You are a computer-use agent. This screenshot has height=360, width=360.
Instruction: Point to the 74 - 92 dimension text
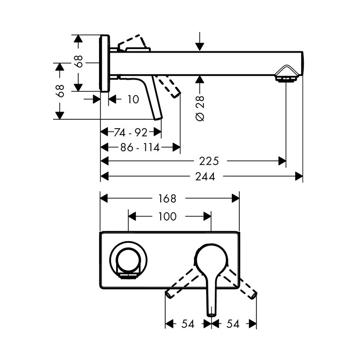pyautogui.click(x=130, y=132)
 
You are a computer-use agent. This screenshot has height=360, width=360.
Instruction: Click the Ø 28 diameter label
pyautogui.click(x=200, y=108)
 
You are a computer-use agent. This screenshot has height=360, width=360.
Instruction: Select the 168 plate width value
pyautogui.click(x=166, y=198)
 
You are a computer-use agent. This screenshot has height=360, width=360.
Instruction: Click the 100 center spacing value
pyautogui.click(x=167, y=216)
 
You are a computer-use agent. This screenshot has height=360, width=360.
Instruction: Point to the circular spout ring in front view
pyautogui.click(x=129, y=261)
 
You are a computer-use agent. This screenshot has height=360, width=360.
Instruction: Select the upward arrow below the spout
pyautogui.click(x=200, y=80)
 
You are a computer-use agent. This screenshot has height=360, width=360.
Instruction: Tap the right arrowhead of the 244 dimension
pyautogui.click(x=299, y=176)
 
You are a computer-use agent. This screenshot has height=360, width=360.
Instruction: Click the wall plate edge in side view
pyautogui.click(x=104, y=63)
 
